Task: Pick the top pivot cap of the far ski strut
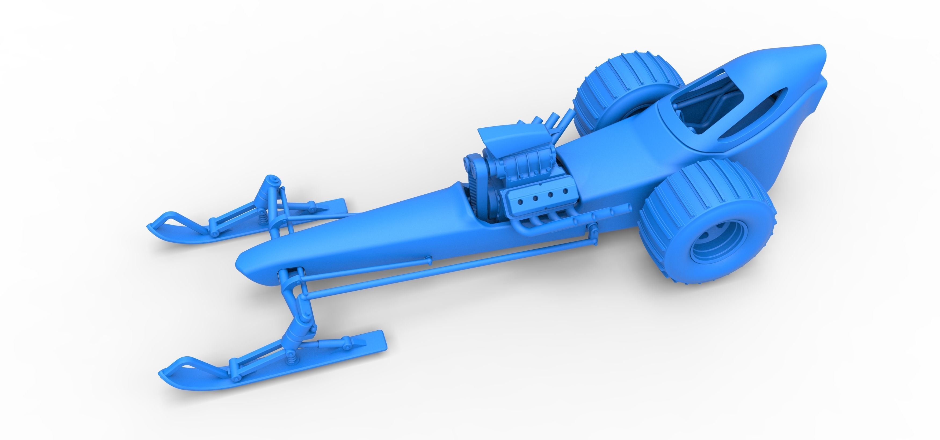pyautogui.click(x=271, y=179)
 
